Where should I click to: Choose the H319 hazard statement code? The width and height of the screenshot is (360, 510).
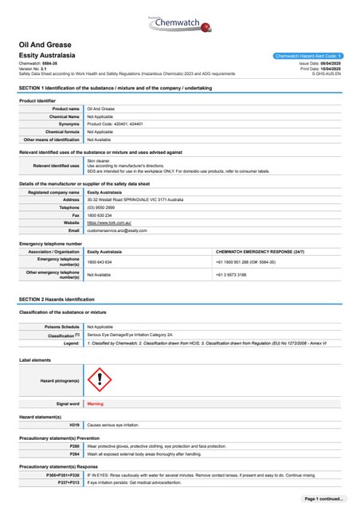pyautogui.click(x=73, y=427)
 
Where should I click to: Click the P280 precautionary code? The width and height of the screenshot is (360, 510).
pyautogui.click(x=74, y=447)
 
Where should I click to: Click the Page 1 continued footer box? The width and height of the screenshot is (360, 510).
pyautogui.click(x=323, y=498)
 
